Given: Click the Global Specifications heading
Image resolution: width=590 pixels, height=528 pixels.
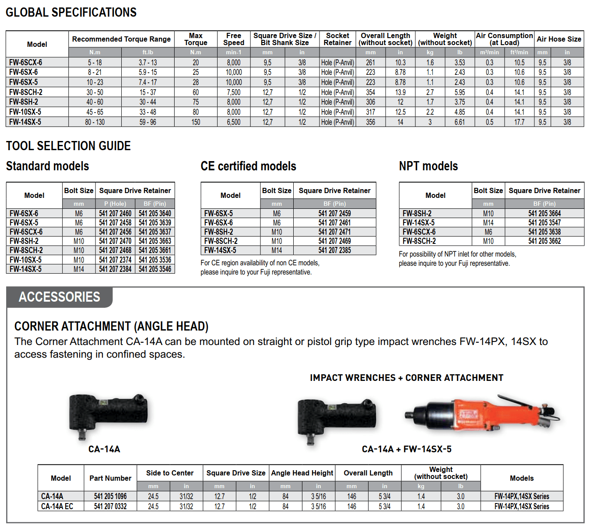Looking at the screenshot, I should coord(71,12).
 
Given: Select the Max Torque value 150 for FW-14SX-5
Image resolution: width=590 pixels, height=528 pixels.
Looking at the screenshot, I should coord(196,122).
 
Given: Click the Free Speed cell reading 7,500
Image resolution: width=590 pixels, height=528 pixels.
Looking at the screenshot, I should coord(233,92).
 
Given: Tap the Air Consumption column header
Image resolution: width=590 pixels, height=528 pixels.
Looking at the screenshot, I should coord(504,39).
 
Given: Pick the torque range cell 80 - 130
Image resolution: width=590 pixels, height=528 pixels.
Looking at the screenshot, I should coord(95,122).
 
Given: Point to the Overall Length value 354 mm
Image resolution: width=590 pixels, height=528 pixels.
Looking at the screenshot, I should coord(370,92).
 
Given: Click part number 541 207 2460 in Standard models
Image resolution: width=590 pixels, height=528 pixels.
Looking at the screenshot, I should coord(115,214).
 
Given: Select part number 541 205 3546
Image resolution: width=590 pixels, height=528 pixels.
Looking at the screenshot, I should coord(155,269).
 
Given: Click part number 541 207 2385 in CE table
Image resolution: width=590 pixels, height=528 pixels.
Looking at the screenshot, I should coord(334,250).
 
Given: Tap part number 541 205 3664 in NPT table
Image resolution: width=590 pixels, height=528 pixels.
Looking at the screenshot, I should coord(544,214).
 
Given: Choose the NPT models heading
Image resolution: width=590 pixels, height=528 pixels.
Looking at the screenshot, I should coord(428,166).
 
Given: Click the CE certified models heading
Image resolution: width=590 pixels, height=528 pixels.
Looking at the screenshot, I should coord(248,166).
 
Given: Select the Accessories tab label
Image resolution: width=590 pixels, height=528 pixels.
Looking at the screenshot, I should coord(60,297).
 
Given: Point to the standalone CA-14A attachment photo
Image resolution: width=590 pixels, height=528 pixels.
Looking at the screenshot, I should coord(107,414).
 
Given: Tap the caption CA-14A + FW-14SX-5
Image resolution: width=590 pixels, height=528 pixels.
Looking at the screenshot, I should coord(406,449).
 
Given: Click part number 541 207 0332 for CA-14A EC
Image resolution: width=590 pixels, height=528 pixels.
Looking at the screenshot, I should coord(110,507).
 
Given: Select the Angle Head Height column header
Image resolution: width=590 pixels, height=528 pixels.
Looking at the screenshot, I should coord(302,473).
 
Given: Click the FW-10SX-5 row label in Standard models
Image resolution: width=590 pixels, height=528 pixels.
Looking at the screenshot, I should coord(25,260).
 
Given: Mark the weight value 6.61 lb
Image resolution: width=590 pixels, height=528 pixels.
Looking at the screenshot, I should coord(460,122).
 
